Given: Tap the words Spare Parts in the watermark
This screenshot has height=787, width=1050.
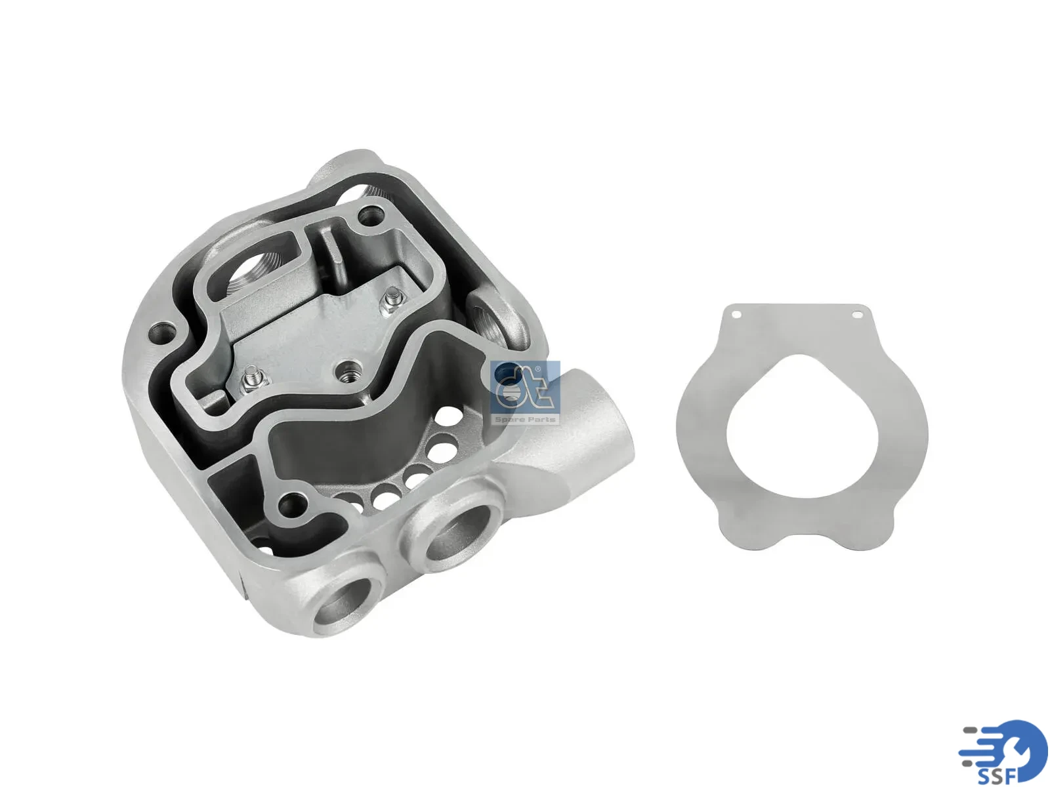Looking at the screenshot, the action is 525,420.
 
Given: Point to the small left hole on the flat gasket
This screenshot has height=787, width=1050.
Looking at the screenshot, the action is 737,314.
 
